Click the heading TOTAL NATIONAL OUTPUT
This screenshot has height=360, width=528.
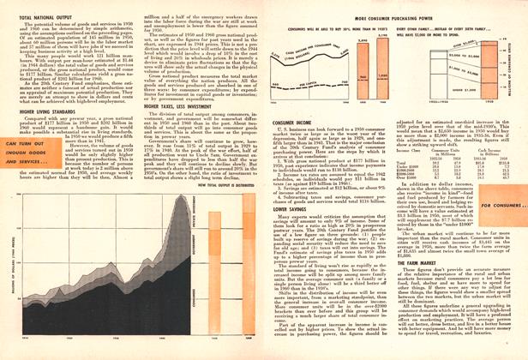pos(41,16)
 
